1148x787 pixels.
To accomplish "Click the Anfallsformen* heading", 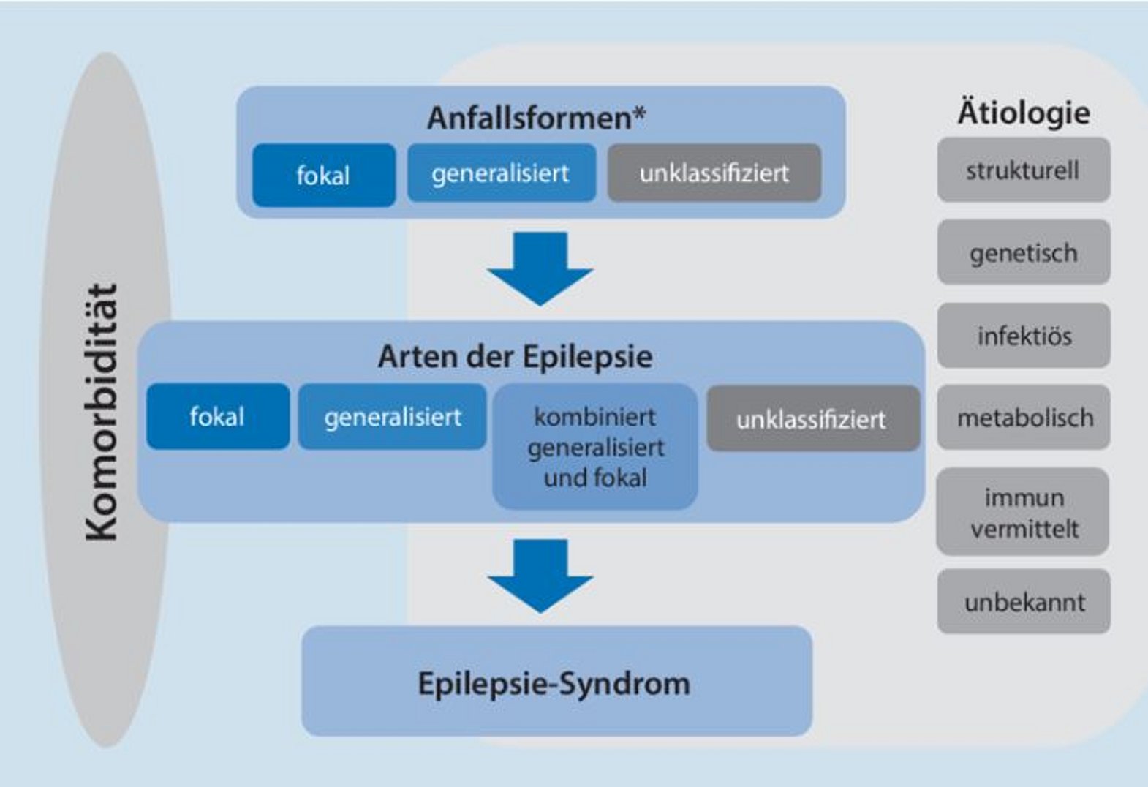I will click(x=536, y=118).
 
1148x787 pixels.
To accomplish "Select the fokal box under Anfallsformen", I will click(x=323, y=175).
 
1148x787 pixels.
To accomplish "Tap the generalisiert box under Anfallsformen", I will click(x=501, y=173).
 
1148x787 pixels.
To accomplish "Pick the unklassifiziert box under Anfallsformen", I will click(x=714, y=173).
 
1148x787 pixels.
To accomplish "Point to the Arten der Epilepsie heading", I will click(x=515, y=357).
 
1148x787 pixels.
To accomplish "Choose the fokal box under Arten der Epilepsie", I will click(x=217, y=416).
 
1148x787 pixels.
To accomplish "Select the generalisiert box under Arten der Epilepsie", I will click(x=392, y=417).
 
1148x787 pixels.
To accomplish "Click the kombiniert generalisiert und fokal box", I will click(x=595, y=447).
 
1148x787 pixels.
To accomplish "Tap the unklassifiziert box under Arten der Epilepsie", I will click(x=812, y=419).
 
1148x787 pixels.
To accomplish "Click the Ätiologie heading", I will click(x=1023, y=113).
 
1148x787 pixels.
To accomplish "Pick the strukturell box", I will click(x=1023, y=170).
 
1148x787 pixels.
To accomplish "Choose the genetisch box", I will click(x=1023, y=253).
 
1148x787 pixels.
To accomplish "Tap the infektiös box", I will click(x=1023, y=336).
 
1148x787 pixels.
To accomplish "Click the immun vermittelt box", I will click(x=1023, y=512).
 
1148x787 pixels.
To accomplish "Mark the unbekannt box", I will click(x=1024, y=602).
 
